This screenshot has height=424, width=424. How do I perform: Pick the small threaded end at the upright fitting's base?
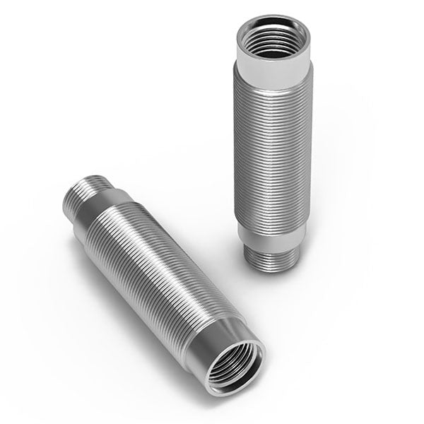269,257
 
